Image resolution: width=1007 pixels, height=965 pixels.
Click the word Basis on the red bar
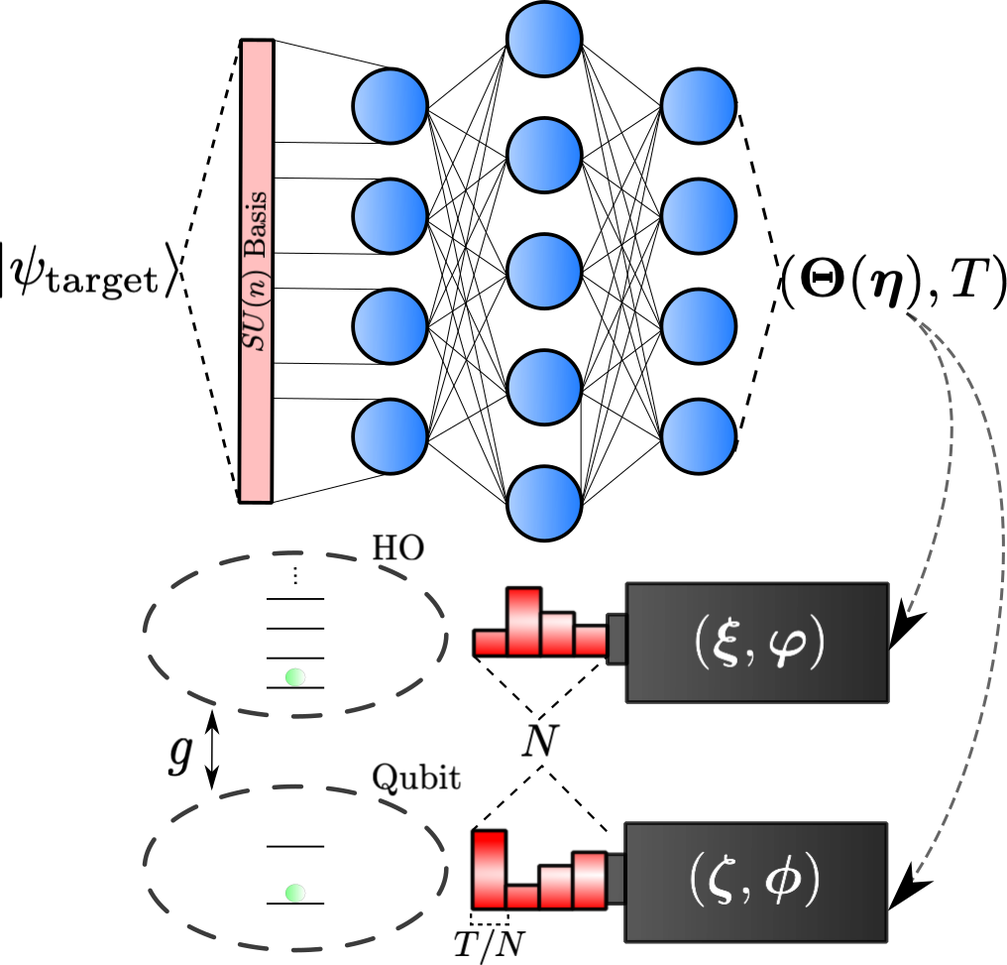256,224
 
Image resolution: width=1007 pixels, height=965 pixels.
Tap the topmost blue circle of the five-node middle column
544,39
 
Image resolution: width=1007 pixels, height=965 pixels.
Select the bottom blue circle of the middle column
544,503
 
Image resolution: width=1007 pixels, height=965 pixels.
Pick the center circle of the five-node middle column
544,271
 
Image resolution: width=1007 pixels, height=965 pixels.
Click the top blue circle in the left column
391,106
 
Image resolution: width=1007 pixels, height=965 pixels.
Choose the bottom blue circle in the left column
391,436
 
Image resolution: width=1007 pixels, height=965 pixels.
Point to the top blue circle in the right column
699,106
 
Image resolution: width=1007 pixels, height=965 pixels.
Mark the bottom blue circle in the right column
699,436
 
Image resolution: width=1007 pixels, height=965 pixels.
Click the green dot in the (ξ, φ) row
294,677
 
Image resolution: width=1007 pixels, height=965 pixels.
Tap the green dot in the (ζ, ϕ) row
294,893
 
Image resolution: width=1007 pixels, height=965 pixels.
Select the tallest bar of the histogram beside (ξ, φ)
524,622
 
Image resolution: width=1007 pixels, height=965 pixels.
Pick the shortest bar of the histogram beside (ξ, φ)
491,643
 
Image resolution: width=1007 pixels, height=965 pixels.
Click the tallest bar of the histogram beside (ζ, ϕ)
490,870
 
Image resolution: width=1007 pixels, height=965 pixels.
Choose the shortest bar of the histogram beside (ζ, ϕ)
522,897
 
